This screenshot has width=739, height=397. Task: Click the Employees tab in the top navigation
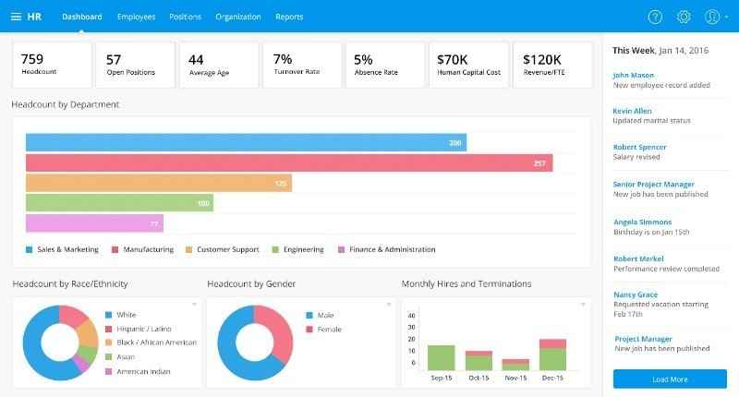136,17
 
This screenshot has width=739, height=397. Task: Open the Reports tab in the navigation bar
289,17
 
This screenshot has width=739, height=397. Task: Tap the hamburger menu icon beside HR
16,17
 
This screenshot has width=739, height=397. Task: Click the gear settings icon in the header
684,17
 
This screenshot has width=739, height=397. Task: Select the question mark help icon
655,17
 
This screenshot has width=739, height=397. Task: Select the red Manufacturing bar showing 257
289,163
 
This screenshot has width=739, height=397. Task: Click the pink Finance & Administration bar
94,223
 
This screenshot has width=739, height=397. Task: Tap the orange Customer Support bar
159,183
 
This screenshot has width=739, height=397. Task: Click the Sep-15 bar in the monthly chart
442,357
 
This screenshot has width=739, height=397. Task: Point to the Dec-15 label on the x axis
552,378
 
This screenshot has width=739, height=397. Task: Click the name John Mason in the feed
633,75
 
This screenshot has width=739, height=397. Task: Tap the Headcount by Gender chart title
250,283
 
